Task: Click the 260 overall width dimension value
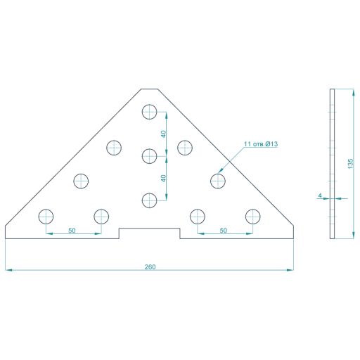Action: (x=150, y=267)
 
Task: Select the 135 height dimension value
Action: (x=350, y=164)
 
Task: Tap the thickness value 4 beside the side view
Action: (x=320, y=195)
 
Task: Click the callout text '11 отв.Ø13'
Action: (x=261, y=144)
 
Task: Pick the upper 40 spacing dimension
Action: (x=163, y=134)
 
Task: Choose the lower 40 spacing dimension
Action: (x=163, y=179)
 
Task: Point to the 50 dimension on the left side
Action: (x=72, y=231)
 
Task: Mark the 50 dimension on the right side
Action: (x=224, y=231)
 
